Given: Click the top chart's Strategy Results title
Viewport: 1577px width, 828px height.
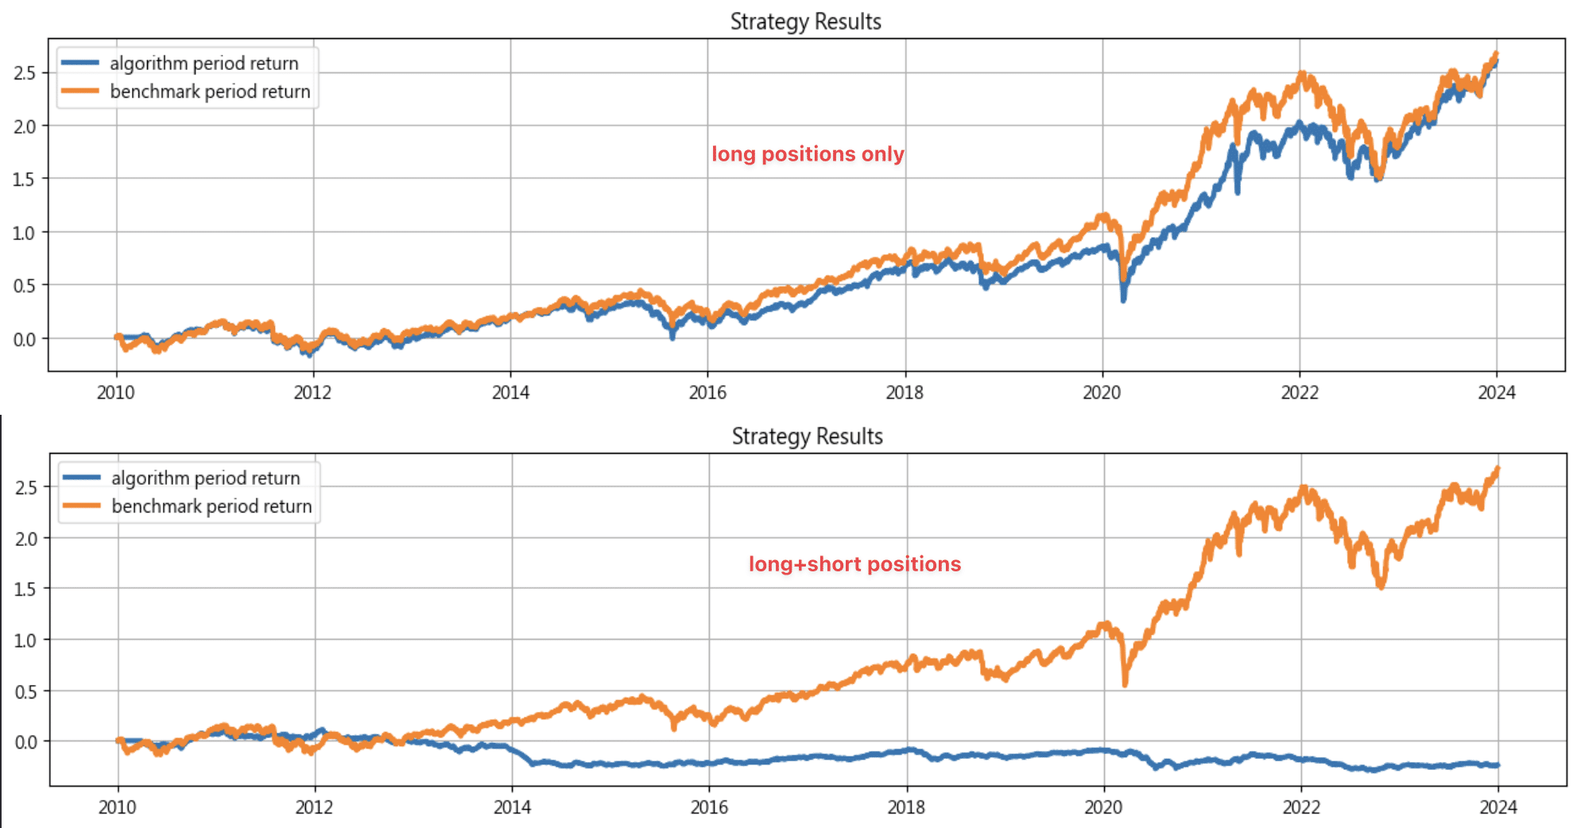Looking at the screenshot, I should click(x=805, y=21).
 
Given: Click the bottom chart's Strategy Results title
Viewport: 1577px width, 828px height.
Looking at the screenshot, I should click(x=807, y=436).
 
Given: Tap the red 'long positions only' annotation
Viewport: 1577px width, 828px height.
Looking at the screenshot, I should click(x=808, y=154).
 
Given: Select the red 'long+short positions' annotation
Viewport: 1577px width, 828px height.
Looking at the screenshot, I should click(x=854, y=564).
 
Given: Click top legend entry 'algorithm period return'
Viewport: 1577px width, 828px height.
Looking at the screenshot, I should click(x=203, y=64).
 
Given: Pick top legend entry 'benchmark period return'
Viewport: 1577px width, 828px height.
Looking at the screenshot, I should click(x=210, y=92).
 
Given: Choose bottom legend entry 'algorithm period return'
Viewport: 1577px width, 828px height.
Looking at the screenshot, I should click(x=205, y=478).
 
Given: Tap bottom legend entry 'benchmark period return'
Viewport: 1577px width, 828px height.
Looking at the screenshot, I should click(x=211, y=507).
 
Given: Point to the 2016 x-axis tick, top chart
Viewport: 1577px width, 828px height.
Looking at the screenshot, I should click(x=707, y=392).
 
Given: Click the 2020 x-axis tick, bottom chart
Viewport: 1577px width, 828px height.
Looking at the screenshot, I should click(x=1103, y=807).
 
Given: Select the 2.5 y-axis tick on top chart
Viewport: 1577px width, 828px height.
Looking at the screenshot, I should click(x=25, y=73).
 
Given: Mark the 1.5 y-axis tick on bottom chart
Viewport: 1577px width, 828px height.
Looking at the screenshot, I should click(x=25, y=589).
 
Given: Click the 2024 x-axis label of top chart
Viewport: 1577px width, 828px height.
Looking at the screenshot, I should click(x=1496, y=392).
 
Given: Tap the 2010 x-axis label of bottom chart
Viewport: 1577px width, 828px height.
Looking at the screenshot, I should click(x=117, y=807).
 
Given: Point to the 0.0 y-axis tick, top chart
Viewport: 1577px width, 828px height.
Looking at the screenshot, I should click(x=25, y=339).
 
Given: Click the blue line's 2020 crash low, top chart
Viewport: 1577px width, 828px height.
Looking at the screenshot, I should click(x=1123, y=300).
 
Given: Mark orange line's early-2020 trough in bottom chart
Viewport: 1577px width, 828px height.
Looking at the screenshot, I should click(x=1125, y=683).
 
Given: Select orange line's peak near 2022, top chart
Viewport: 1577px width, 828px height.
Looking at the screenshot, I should click(x=1302, y=74).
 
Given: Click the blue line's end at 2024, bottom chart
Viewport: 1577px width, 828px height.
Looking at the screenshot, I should click(x=1498, y=765).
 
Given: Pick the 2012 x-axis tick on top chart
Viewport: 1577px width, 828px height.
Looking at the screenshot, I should click(x=312, y=392).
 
